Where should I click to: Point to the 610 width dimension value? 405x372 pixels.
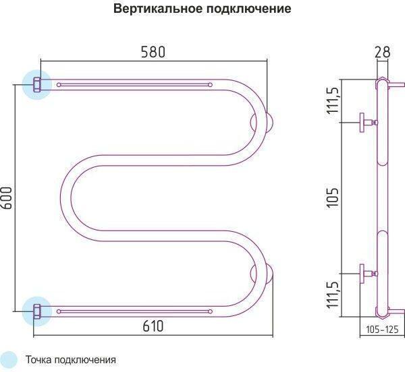click(x=154, y=325)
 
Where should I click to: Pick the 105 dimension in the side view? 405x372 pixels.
click(x=332, y=197)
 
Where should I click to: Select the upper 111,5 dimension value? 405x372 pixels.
click(x=332, y=100)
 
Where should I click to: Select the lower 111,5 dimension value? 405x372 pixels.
click(x=332, y=294)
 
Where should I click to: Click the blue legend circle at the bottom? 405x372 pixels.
click(x=9, y=359)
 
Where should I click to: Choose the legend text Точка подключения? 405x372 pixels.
click(x=71, y=360)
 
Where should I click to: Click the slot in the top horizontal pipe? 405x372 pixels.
click(x=135, y=85)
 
